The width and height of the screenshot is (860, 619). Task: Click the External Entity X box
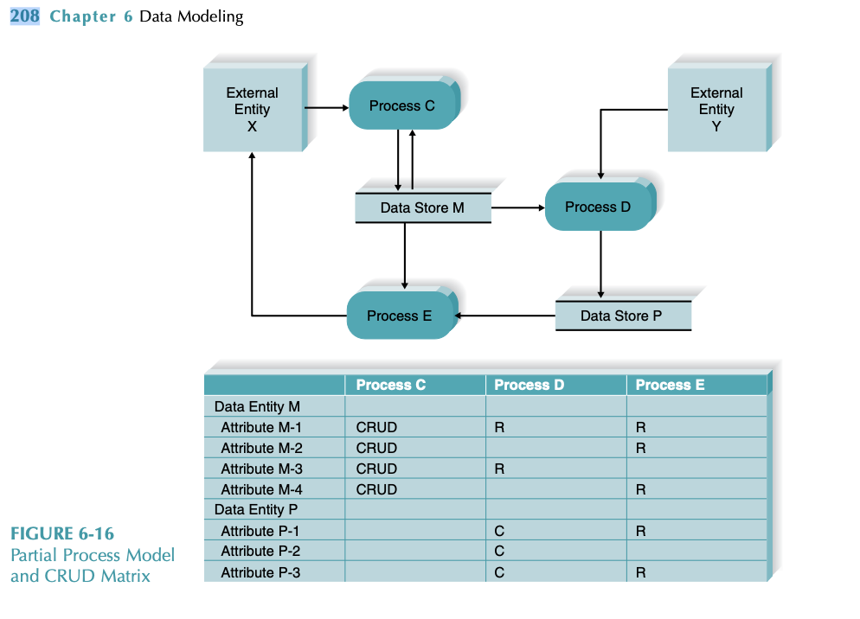click(253, 109)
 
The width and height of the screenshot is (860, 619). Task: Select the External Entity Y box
click(716, 109)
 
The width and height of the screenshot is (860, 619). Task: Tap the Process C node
click(402, 105)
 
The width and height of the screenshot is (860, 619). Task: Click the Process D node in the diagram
click(598, 207)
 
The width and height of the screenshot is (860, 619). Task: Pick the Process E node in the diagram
click(400, 316)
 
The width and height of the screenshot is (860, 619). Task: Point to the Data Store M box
click(422, 208)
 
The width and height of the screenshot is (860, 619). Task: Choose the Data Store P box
click(621, 316)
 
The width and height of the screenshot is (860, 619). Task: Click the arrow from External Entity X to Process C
click(326, 108)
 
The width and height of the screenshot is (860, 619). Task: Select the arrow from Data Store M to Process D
click(517, 208)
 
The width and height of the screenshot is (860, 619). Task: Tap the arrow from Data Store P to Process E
click(504, 316)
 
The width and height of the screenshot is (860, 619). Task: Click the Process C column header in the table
click(391, 385)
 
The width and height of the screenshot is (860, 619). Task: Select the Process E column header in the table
click(671, 385)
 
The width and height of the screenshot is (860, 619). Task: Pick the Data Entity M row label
click(257, 406)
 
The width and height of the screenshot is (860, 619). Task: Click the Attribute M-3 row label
click(260, 469)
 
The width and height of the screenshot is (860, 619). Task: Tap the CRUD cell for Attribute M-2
click(376, 448)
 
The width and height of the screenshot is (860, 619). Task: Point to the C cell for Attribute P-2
click(499, 552)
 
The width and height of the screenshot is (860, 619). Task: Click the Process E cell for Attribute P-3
click(641, 572)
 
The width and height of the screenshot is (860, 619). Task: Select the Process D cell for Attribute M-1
click(499, 427)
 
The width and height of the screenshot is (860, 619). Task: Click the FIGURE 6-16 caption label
click(62, 533)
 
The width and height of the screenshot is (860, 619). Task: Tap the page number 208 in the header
click(24, 16)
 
